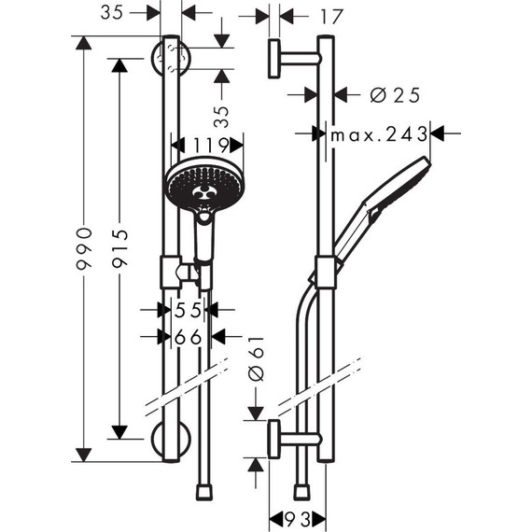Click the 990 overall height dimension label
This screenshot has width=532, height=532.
point(84,248)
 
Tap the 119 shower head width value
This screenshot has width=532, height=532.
point(207,145)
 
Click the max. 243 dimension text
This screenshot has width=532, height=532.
point(378,134)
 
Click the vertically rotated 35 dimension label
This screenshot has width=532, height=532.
point(221,116)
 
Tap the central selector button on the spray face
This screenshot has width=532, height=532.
point(203,193)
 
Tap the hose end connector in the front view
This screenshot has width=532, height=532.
point(204,490)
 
